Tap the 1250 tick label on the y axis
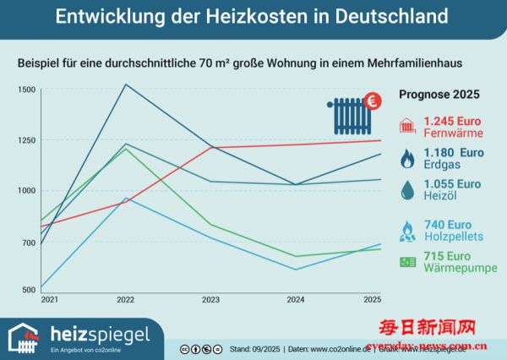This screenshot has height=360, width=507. click(26, 140)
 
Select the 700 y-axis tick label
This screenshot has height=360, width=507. click(28, 243)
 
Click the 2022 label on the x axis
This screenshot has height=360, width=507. click(126, 300)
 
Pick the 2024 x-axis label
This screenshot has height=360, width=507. click(296, 300)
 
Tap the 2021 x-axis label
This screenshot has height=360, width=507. click(50, 300)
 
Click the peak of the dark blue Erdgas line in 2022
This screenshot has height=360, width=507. click(126, 85)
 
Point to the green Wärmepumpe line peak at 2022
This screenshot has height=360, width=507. click(126, 148)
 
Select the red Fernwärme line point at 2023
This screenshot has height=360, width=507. click(211, 147)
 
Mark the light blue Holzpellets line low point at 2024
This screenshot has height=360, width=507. click(296, 270)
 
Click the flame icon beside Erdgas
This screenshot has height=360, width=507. click(406, 158)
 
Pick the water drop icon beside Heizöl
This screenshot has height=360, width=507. click(406, 190)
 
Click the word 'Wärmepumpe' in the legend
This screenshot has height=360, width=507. click(460, 269)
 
